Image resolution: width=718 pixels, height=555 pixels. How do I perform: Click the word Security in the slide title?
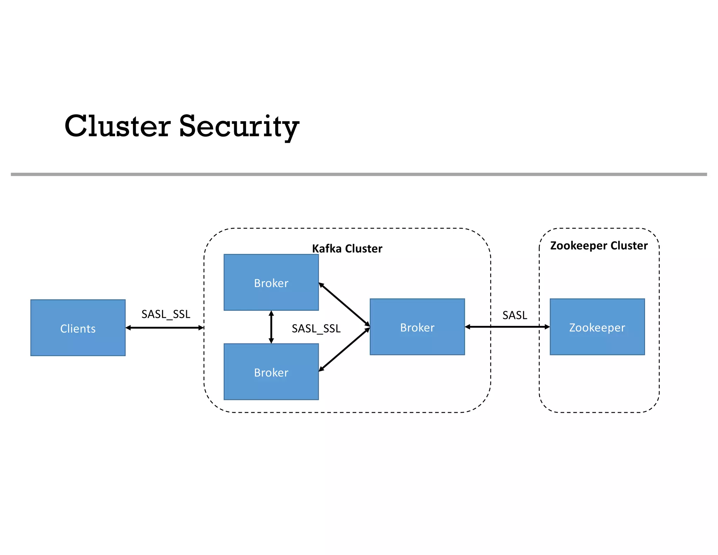[239, 127]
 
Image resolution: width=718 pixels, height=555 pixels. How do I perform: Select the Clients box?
[78, 328]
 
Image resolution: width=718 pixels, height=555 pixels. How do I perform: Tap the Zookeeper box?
[597, 327]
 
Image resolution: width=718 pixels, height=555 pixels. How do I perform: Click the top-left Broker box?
[271, 282]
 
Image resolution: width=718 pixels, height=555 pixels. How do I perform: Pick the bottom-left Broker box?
[271, 372]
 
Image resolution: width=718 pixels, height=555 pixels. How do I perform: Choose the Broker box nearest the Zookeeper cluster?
[417, 327]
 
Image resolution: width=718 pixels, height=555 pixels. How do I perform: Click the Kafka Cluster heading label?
[347, 248]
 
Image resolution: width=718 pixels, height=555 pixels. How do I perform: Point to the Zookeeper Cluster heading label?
[599, 246]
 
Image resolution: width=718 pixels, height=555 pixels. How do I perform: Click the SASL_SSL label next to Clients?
[166, 314]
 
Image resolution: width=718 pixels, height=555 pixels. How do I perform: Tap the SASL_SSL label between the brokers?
[316, 328]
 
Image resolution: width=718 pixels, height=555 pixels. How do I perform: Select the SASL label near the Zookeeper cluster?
[515, 315]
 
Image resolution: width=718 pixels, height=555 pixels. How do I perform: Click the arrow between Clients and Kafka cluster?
[165, 328]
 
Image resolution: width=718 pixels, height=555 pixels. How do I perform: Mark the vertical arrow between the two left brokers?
[271, 327]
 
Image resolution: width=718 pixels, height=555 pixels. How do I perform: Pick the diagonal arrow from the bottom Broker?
[344, 349]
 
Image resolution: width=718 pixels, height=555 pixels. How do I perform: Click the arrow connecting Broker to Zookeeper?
[507, 327]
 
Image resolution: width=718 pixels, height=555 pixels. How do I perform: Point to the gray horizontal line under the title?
[359, 174]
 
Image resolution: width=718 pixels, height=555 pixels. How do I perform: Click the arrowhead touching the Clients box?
[128, 328]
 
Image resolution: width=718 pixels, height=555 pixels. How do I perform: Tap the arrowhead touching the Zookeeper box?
[547, 327]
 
